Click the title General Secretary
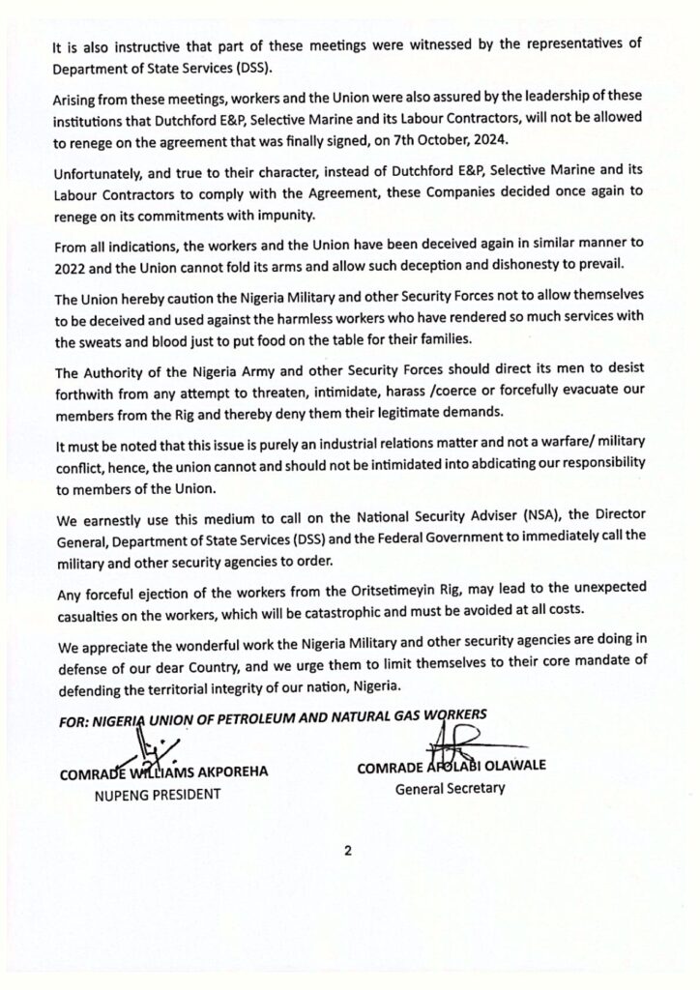(451, 788)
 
